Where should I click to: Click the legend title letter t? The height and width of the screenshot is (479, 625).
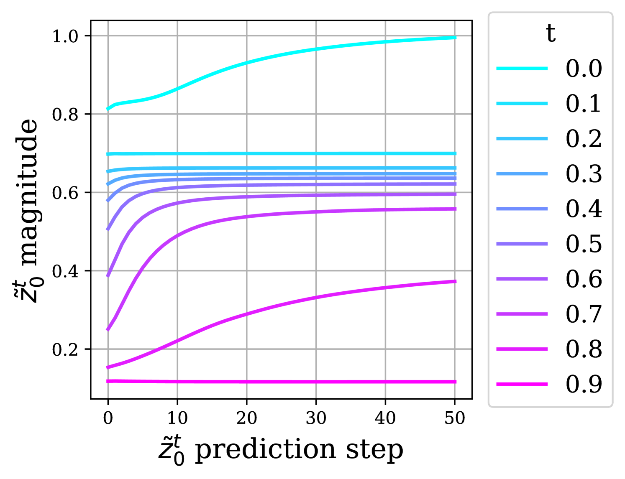pos(551,33)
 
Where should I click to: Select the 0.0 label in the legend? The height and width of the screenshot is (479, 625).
pos(584,69)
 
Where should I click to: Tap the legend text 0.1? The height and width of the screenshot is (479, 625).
pos(584,104)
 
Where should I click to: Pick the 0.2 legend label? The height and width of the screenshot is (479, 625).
pos(584,139)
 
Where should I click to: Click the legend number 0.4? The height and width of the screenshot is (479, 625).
pos(584,209)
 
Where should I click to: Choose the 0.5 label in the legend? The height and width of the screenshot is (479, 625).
pos(584,244)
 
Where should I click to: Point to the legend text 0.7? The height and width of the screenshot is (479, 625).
pos(584,314)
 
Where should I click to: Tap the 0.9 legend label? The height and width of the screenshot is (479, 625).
pos(584,384)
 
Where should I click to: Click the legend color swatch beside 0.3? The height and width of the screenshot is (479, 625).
pos(522,173)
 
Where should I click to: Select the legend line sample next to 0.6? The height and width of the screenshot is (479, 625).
pos(522,279)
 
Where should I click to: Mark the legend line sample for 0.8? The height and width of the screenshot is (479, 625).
pos(522,349)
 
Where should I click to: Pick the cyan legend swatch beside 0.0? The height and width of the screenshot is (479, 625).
pos(522,68)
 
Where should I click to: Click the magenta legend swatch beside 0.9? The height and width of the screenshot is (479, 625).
pos(522,384)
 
